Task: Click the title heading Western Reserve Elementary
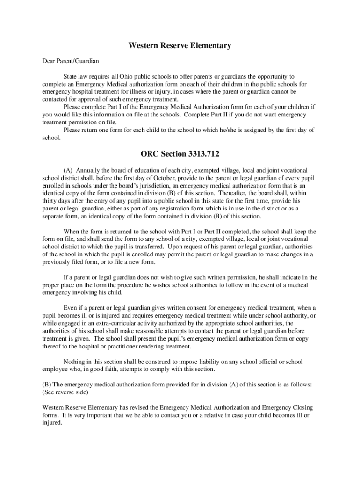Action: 180,46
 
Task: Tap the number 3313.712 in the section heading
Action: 198,153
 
